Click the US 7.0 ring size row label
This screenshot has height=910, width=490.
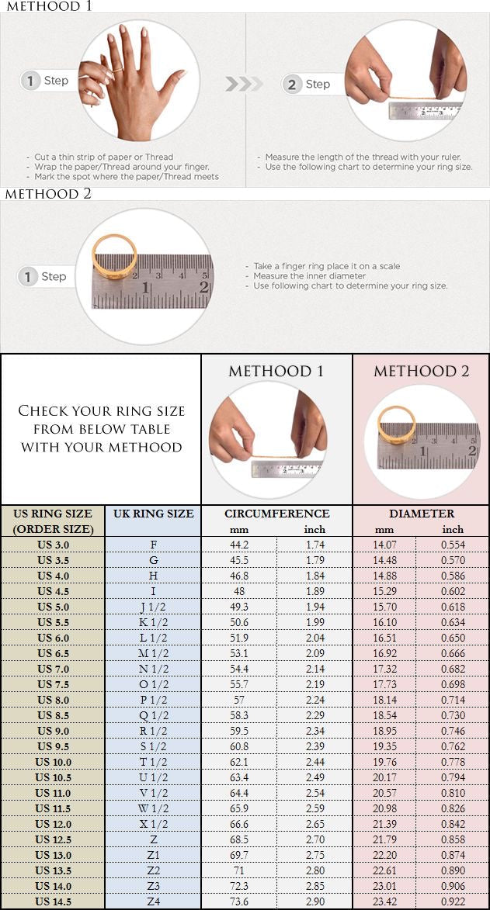pyautogui.click(x=53, y=669)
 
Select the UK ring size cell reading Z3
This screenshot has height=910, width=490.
pyautogui.click(x=153, y=886)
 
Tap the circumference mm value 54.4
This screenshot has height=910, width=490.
pyautogui.click(x=239, y=669)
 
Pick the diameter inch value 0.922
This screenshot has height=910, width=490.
pyautogui.click(x=453, y=901)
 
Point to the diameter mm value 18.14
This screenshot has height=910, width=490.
pyautogui.click(x=384, y=700)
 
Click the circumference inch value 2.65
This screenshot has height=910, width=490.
pyautogui.click(x=315, y=824)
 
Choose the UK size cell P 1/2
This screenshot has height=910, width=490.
pyautogui.click(x=153, y=700)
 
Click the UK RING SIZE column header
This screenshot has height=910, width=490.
pyautogui.click(x=153, y=514)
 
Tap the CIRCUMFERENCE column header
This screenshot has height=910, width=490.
pyautogui.click(x=276, y=514)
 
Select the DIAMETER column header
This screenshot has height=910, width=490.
pyautogui.click(x=422, y=514)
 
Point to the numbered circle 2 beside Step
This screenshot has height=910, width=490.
pyautogui.click(x=292, y=85)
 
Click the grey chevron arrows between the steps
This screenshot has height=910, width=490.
pyautogui.click(x=239, y=84)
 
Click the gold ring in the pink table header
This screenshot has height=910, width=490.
pyautogui.click(x=397, y=426)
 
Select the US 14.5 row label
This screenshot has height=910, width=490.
pyautogui.click(x=53, y=901)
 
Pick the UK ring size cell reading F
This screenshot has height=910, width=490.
pyautogui.click(x=153, y=545)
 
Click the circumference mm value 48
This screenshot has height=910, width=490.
pyautogui.click(x=239, y=591)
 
